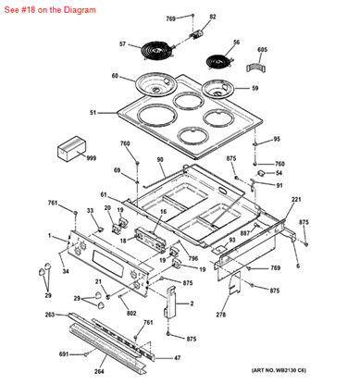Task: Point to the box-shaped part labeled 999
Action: point(70,147)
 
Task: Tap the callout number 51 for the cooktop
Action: point(93,113)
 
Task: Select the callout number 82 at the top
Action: point(212,17)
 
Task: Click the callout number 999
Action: point(91,159)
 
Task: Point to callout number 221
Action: point(296,200)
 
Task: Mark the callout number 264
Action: point(99,371)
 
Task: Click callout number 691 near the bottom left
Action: point(64,354)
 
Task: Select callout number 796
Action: point(193,258)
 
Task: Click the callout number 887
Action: point(245,234)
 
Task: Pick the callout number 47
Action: point(178,357)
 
